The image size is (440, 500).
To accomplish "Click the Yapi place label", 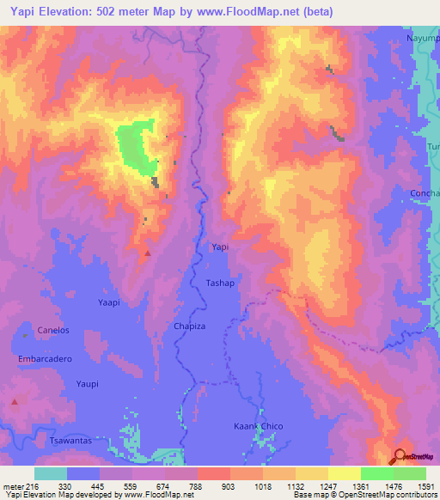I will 221,247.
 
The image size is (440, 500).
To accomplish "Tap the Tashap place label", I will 220,283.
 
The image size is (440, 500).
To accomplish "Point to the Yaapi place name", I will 109,302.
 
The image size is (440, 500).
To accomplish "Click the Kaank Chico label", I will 259,426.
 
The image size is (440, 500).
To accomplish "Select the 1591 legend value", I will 425,486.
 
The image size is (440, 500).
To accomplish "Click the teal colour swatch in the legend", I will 51,473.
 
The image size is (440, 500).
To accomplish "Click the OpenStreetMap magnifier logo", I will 400,456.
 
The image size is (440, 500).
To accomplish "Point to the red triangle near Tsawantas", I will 15,402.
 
